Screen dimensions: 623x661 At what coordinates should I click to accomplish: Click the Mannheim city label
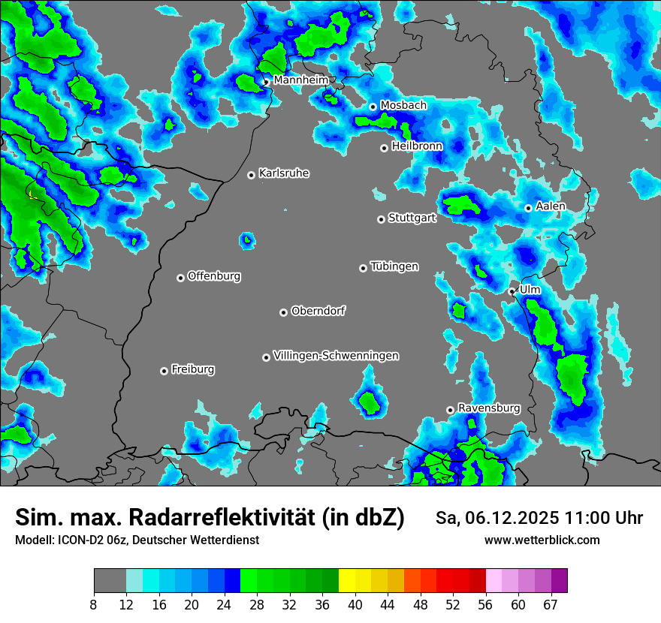coord(300,80)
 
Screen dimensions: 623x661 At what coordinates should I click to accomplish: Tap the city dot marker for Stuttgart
coord(381,219)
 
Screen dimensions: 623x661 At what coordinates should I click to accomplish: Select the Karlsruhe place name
coord(283,173)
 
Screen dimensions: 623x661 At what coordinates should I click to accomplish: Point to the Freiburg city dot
coord(164,371)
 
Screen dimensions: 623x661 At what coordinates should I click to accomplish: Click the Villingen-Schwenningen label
coord(336,356)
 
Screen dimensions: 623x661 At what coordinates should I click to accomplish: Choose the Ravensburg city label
coord(488,408)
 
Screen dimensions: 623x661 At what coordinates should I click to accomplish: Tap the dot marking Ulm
coord(512,291)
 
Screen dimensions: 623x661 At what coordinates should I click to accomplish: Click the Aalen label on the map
coord(551,206)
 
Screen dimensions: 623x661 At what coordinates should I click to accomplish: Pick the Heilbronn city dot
coord(384,148)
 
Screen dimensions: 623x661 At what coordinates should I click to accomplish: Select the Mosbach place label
coord(403,106)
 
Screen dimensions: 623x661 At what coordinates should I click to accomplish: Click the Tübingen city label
coord(394,266)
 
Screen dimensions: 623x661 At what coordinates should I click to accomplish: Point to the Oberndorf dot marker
coord(283,312)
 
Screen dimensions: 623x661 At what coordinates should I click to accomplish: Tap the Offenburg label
coord(213,276)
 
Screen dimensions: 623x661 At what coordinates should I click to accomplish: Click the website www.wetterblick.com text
coord(542,540)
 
